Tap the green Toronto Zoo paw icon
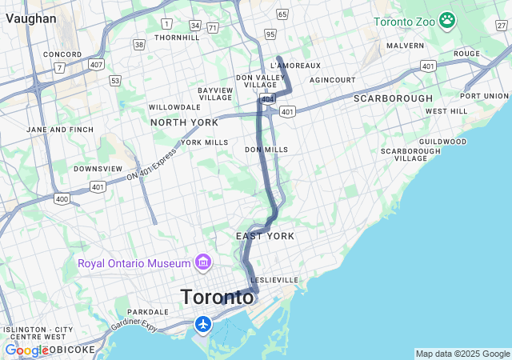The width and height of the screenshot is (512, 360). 447,20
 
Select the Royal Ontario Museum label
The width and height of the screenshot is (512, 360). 134,263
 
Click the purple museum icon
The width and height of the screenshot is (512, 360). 202,262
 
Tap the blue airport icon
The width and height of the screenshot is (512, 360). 203,325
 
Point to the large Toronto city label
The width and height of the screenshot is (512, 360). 218,297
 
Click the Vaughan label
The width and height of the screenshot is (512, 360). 30,18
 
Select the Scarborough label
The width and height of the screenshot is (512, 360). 393,98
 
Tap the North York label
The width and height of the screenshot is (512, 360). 184,122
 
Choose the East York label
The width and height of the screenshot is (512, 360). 265,236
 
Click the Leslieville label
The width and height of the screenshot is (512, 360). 274,280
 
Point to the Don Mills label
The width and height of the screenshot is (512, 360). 266,150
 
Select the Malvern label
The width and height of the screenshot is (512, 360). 405,46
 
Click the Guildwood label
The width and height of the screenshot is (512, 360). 442,142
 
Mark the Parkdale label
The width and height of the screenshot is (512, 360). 148,312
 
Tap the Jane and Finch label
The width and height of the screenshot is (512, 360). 60,129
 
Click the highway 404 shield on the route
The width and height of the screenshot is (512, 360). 266,98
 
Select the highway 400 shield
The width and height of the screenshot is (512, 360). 62,198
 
